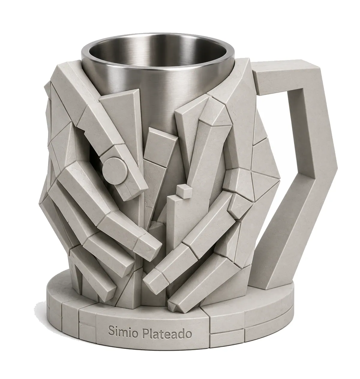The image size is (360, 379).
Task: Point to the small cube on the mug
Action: coord(184,192)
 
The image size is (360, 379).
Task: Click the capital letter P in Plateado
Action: coord(145,332)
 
